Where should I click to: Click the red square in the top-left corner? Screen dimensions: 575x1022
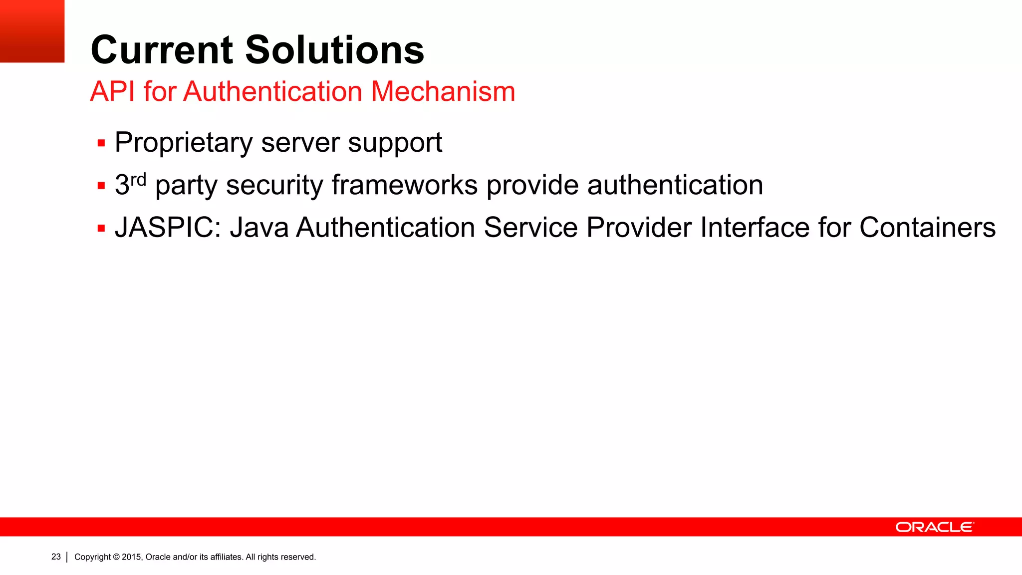32,31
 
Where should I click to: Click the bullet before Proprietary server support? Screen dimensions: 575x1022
101,144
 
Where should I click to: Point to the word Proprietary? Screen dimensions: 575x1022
183,143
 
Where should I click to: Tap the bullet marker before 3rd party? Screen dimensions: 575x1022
101,186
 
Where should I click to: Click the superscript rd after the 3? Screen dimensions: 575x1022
138,179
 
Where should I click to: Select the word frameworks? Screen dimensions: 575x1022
404,185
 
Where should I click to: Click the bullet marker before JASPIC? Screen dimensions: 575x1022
101,229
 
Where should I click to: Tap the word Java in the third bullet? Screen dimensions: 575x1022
259,228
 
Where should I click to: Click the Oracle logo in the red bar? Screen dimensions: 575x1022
934,527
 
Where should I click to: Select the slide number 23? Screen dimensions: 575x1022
56,557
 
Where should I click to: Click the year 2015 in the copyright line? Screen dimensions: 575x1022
132,557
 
